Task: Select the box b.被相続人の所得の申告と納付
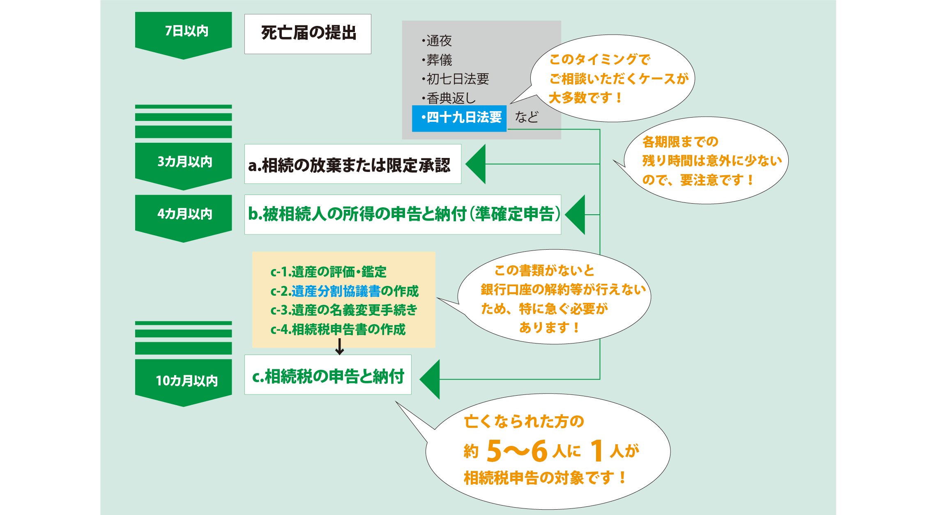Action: [403, 214]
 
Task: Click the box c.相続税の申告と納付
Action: [328, 375]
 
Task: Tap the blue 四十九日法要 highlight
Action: [459, 118]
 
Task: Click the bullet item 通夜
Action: [438, 41]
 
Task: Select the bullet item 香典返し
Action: [450, 98]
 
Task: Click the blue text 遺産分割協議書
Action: [336, 291]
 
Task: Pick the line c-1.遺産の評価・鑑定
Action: [328, 272]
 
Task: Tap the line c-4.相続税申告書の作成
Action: [338, 329]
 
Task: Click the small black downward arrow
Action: [339, 347]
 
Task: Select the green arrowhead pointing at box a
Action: [477, 164]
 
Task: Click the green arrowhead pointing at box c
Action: [431, 379]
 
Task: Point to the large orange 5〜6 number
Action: [517, 451]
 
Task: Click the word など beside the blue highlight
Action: [527, 118]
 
